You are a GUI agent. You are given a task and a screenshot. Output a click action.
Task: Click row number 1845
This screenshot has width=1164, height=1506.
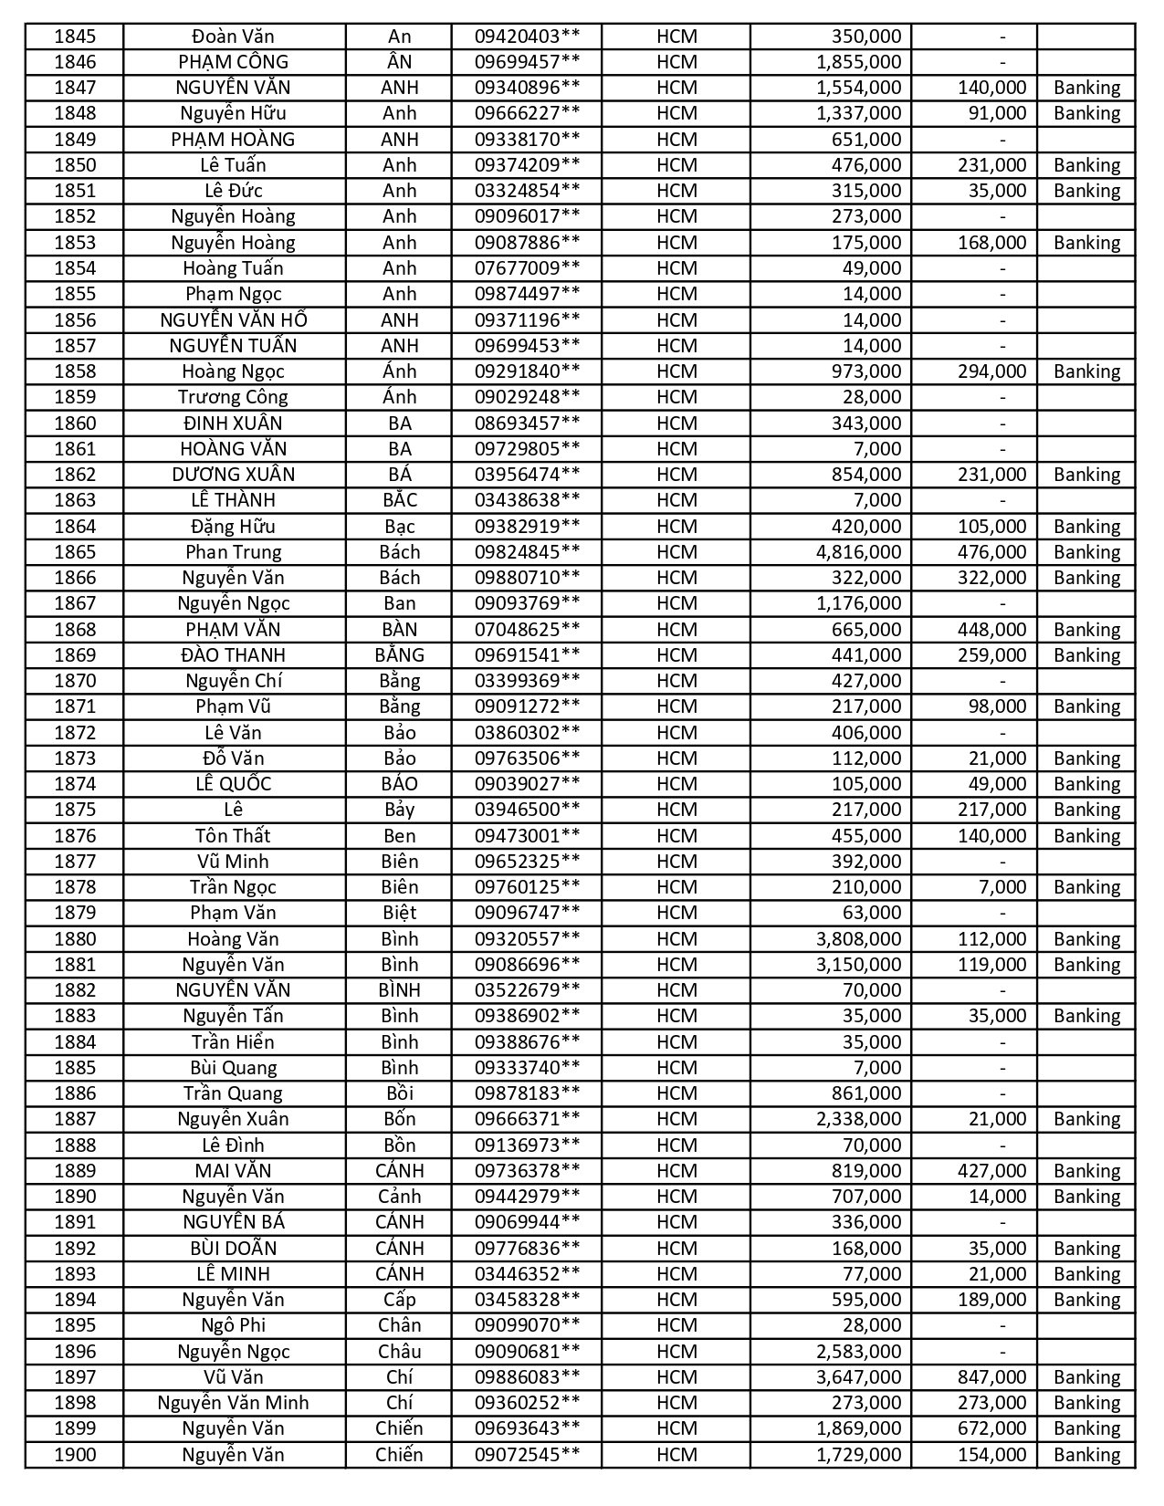[75, 37]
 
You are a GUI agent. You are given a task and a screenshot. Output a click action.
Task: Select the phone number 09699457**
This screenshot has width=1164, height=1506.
[527, 62]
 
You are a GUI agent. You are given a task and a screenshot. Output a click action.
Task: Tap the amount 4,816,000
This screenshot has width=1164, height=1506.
[865, 552]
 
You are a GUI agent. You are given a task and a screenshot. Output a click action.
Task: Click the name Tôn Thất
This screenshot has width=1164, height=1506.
[233, 836]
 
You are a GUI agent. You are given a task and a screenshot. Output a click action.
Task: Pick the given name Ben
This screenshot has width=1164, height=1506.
[399, 836]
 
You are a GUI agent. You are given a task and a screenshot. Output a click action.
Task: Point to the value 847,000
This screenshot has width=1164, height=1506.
[991, 1377]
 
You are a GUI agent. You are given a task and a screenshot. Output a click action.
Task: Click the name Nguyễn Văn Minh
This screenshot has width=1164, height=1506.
[233, 1403]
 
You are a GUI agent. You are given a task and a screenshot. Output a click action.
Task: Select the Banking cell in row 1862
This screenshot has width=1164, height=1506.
[1086, 475]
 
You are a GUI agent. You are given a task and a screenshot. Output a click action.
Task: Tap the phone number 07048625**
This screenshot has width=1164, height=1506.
[527, 630]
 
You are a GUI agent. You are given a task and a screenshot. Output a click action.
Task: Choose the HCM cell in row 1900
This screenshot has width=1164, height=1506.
[676, 1455]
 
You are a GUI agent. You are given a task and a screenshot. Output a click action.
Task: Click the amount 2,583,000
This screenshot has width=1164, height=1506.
[865, 1352]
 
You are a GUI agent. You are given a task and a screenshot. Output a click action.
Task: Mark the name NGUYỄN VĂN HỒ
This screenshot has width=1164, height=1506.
[233, 320]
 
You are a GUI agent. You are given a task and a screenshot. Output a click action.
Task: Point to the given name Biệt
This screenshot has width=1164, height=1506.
[399, 913]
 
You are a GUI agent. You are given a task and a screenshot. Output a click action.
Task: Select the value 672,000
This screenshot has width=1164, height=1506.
[991, 1428]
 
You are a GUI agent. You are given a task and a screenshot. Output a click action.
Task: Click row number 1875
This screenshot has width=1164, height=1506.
[75, 810]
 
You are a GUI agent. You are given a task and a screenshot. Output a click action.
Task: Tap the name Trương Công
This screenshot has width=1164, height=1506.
[233, 397]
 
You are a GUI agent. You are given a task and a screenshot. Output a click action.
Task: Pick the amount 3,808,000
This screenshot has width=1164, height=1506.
[865, 939]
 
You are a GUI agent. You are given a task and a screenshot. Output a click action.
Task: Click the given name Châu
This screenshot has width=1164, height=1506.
[399, 1352]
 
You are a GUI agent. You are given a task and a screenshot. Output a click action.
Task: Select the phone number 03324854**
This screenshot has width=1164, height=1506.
[527, 191]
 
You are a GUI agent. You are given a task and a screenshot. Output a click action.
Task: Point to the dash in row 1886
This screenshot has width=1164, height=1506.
[1002, 1093]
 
